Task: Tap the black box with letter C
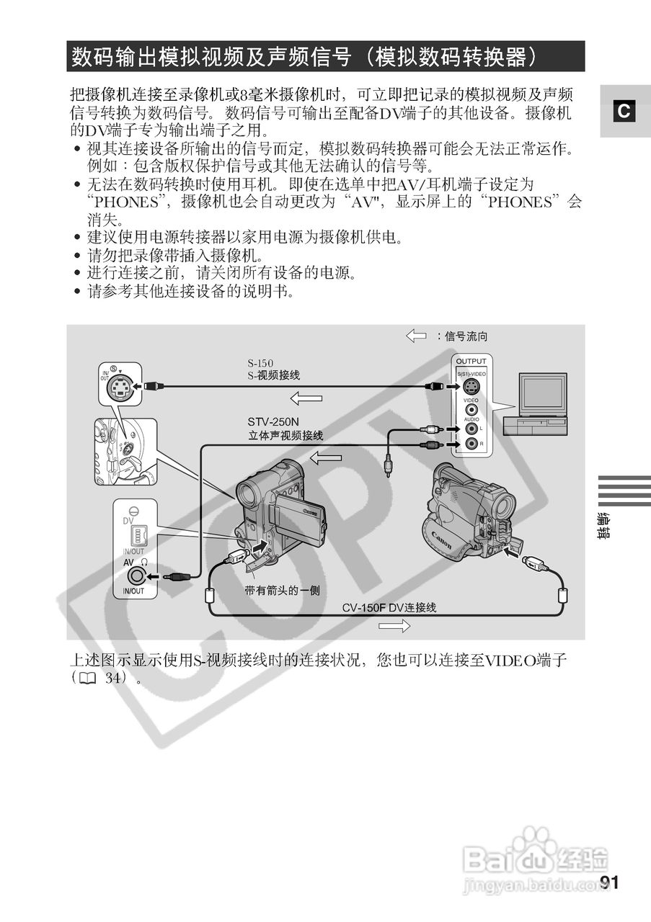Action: [x=624, y=112]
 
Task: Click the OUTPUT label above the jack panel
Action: [x=471, y=361]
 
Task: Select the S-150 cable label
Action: [x=260, y=363]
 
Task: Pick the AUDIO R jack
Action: [x=471, y=444]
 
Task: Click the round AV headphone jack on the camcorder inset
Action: [x=135, y=576]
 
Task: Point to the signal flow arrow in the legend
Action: [x=416, y=336]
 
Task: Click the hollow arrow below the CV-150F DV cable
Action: [x=394, y=627]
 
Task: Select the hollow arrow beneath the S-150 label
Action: [x=306, y=398]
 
